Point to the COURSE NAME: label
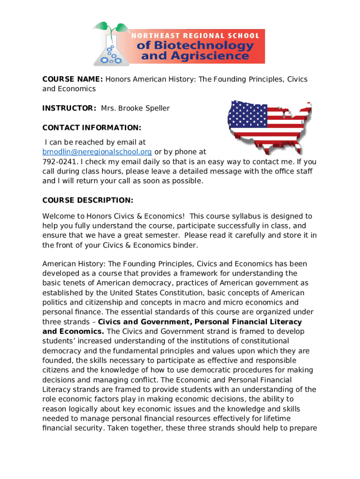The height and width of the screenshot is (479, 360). [72, 79]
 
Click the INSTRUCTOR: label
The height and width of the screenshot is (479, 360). [69, 108]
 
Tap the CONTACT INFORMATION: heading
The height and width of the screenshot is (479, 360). [92, 128]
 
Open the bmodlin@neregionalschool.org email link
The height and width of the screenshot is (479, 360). [97, 152]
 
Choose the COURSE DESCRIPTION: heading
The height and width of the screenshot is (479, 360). [88, 200]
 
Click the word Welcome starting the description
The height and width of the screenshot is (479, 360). [58, 216]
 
